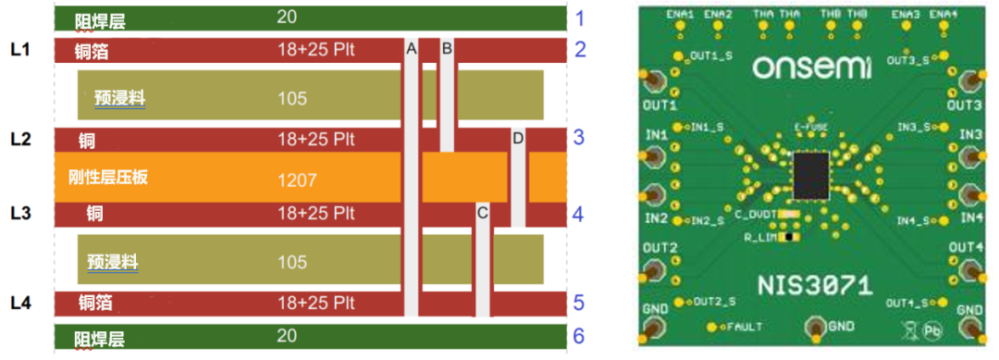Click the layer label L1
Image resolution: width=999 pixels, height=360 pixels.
coord(21,48)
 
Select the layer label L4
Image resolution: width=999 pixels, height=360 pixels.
coord(21,302)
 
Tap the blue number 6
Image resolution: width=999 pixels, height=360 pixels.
coord(579,335)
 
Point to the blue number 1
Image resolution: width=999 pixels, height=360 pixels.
coord(580,19)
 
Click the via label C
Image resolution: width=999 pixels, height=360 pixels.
coord(481,213)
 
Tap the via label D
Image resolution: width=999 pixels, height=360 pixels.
coord(518,138)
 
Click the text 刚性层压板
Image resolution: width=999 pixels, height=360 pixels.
coord(108,178)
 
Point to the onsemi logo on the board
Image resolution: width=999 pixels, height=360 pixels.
coord(811,68)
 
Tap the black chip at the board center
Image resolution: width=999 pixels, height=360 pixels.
coord(811,176)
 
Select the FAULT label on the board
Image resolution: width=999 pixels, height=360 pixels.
coord(745,327)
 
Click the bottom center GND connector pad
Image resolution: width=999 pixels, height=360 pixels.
coord(816,326)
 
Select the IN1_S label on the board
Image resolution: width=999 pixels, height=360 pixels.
coord(712,127)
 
